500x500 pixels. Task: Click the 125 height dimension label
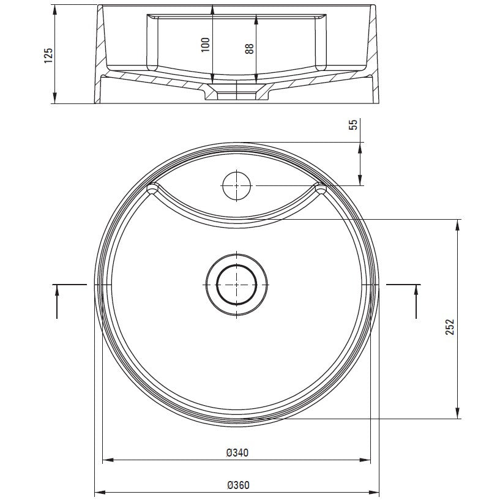click(x=48, y=56)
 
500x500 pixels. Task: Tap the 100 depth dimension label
click(x=206, y=45)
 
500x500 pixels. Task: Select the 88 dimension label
click(x=249, y=48)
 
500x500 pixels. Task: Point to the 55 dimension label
click(x=353, y=124)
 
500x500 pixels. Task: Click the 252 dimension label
click(x=450, y=327)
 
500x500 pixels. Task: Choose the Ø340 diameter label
click(x=237, y=452)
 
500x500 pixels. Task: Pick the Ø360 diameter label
click(x=238, y=485)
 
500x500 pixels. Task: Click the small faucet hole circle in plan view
click(x=237, y=186)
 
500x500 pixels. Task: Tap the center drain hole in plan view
click(x=236, y=285)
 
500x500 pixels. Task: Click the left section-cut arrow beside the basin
click(x=57, y=301)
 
